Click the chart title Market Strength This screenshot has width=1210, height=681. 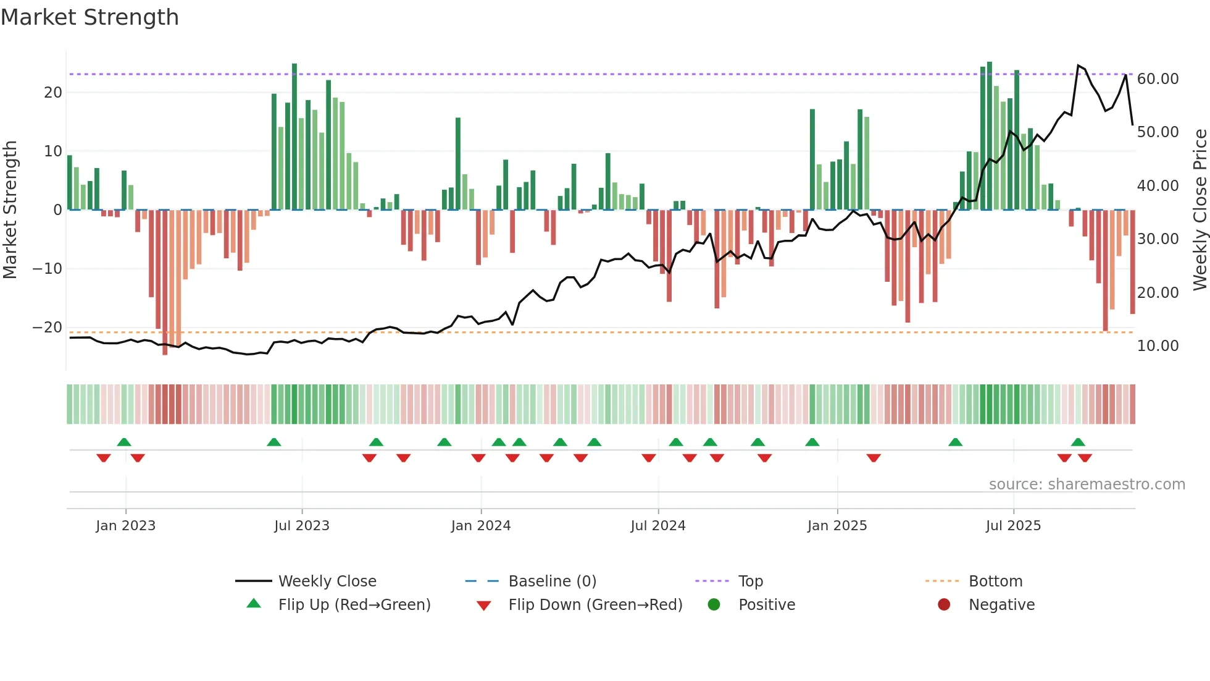[90, 17]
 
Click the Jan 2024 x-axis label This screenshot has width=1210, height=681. [481, 526]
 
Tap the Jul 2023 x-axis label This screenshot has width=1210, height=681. [302, 526]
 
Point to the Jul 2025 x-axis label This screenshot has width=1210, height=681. [1013, 526]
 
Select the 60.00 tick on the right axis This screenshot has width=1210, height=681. [1158, 79]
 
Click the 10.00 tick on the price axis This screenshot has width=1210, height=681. [1158, 346]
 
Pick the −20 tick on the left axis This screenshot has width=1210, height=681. [48, 328]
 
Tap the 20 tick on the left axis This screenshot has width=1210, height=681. [53, 93]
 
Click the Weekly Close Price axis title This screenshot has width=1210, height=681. [1200, 209]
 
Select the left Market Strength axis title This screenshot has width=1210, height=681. [10, 209]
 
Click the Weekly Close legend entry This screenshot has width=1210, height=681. [327, 582]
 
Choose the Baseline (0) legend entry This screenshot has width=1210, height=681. [552, 582]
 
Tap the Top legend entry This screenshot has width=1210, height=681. [751, 582]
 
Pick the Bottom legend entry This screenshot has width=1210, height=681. [995, 582]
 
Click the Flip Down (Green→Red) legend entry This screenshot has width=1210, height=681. [595, 605]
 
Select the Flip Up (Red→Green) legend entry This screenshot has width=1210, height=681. [354, 605]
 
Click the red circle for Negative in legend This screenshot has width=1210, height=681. [944, 604]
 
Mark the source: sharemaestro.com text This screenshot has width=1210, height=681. [1087, 484]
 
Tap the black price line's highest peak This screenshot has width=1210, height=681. [1078, 66]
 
